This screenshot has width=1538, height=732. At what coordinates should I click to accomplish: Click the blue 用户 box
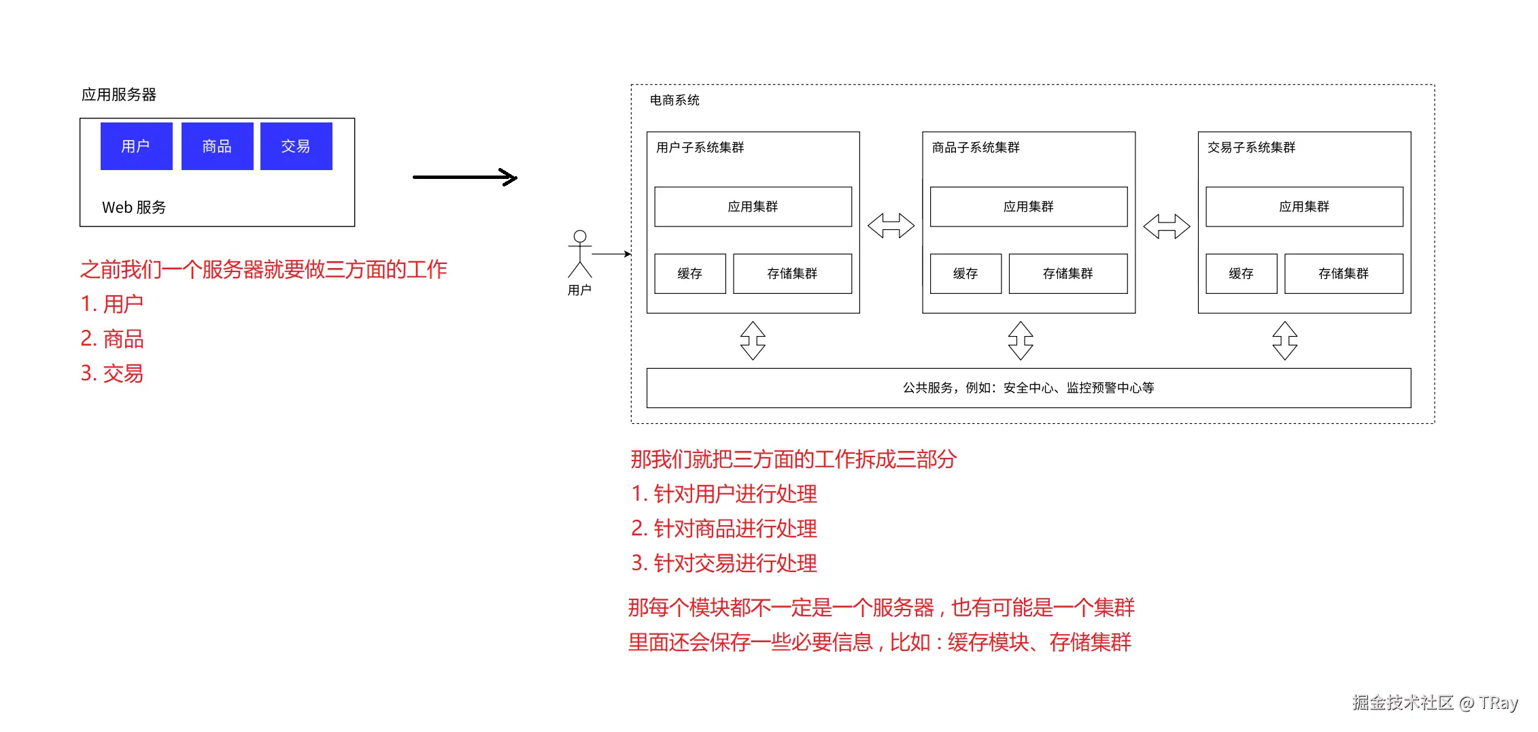click(x=136, y=146)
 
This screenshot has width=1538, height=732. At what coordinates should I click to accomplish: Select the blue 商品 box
click(x=217, y=146)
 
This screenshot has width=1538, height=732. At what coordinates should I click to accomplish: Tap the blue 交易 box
click(x=296, y=146)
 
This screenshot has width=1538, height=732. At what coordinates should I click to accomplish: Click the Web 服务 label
click(x=134, y=207)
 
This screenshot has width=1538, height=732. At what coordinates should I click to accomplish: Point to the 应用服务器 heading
click(x=119, y=95)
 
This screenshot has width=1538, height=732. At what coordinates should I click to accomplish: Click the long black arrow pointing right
click(x=465, y=178)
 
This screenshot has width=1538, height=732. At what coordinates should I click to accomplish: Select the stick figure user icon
click(x=579, y=254)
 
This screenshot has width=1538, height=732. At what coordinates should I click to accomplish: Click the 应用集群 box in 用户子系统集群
click(x=753, y=207)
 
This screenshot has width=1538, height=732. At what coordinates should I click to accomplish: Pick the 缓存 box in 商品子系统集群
click(x=965, y=273)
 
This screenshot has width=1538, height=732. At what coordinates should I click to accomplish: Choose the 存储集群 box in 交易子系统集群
click(x=1343, y=273)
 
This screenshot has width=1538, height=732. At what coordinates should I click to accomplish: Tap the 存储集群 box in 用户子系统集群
click(x=792, y=273)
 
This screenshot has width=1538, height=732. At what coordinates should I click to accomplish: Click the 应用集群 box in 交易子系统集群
click(x=1303, y=207)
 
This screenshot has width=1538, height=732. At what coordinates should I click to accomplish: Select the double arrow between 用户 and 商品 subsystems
click(x=891, y=226)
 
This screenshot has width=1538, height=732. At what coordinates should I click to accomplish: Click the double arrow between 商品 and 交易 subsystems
click(x=1166, y=227)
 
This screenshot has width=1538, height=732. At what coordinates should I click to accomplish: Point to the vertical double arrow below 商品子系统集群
click(x=1021, y=340)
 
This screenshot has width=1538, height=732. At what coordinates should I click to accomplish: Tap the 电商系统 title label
click(x=674, y=101)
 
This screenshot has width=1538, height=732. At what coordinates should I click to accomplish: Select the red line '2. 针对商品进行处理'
click(x=724, y=529)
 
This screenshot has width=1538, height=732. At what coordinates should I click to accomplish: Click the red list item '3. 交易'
click(x=112, y=373)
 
